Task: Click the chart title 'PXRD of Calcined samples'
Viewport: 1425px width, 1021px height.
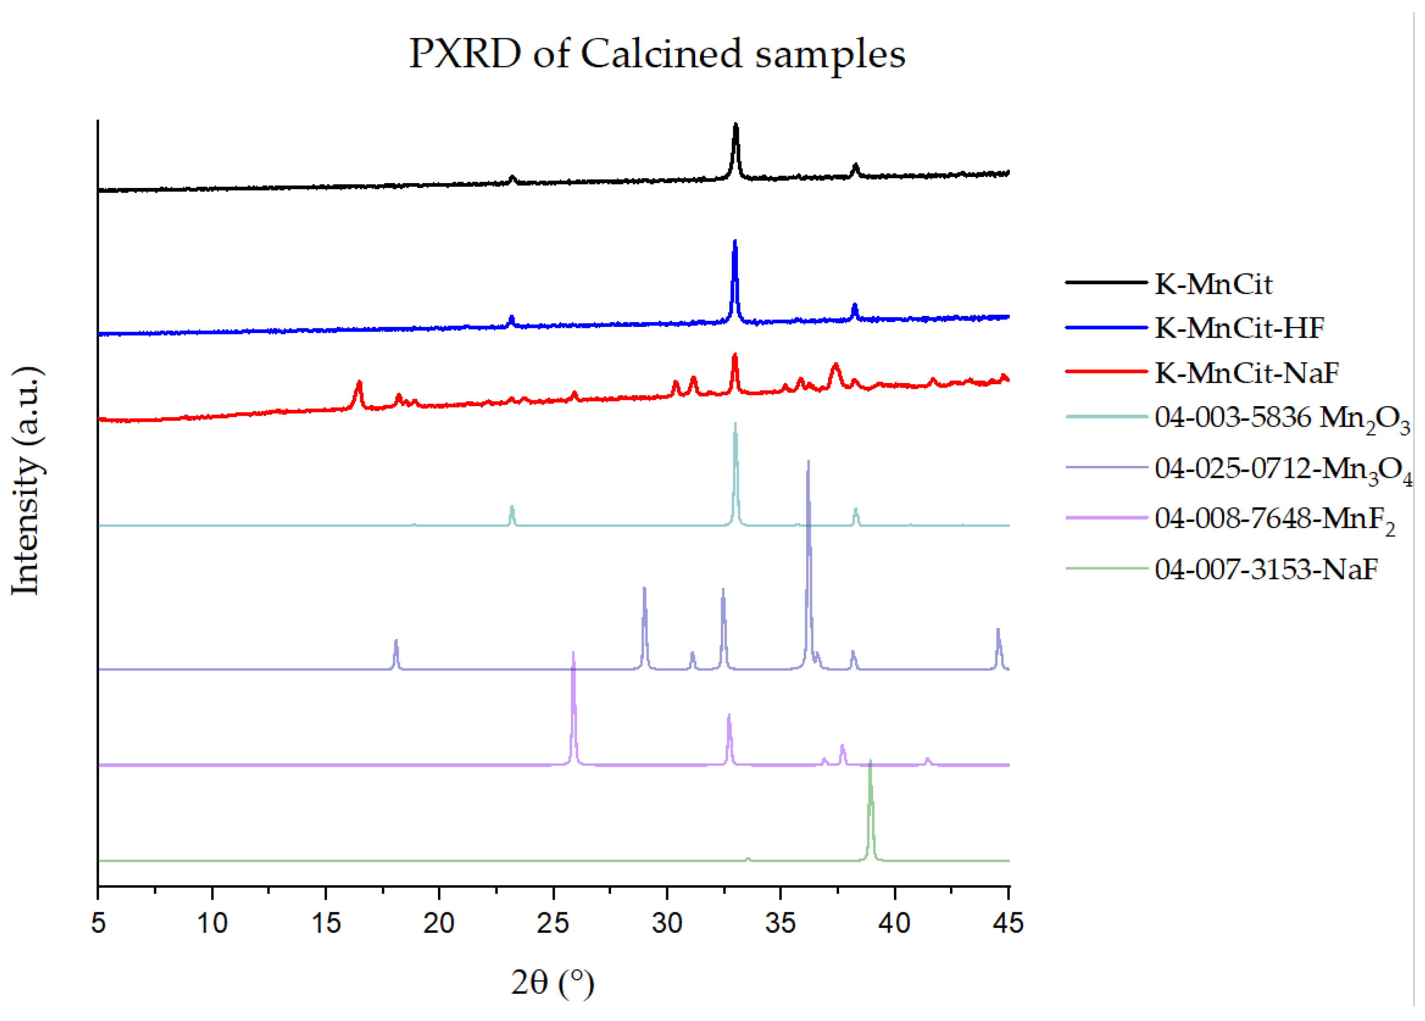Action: click(x=657, y=54)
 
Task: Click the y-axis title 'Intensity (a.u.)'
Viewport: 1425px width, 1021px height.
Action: click(x=27, y=480)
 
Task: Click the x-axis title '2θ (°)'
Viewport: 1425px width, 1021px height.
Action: click(x=552, y=982)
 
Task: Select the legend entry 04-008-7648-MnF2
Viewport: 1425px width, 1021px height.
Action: click(x=1274, y=519)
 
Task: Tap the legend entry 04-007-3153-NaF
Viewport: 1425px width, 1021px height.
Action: click(x=1266, y=569)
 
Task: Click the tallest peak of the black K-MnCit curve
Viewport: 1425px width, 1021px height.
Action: click(x=735, y=126)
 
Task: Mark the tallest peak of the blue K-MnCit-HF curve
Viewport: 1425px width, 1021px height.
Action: click(x=735, y=242)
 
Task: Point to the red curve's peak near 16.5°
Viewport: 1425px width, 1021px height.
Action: click(x=359, y=383)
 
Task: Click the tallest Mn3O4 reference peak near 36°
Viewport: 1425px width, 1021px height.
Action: click(x=808, y=463)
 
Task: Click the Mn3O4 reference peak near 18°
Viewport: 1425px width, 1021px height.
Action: click(x=396, y=641)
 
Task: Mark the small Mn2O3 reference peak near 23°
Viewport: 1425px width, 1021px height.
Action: click(x=512, y=507)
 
